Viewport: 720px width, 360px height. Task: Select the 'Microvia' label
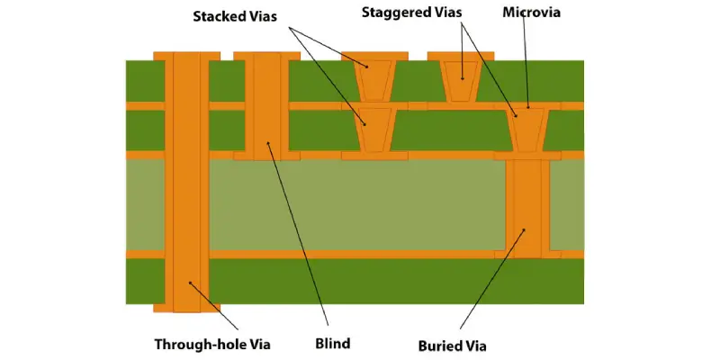531,13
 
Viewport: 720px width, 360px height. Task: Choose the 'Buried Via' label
454,344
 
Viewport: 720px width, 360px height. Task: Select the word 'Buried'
437,344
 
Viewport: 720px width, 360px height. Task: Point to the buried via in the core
526,207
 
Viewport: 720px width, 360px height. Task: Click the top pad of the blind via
266,56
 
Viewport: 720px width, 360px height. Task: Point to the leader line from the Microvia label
526,63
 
